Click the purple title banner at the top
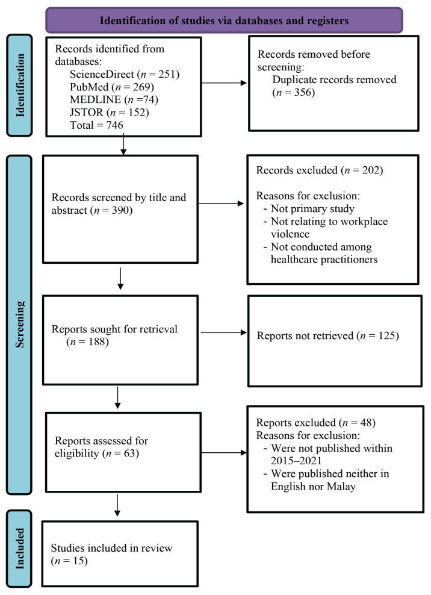pos(224,20)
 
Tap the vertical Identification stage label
pos(20,86)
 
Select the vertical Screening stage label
pos(20,325)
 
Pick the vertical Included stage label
pos(20,549)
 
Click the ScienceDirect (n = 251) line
pos(125,74)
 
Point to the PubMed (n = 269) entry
pos(112,87)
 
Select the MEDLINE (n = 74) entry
pos(114,99)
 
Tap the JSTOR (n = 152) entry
pos(110,113)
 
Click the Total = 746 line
pos(96,125)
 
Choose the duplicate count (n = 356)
pos(294,92)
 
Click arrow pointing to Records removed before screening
pos(224,83)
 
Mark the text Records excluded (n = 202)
pos(320,170)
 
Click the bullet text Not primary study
pos(312,208)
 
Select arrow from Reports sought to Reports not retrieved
pos(223,332)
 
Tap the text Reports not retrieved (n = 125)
pos(328,335)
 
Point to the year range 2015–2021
pos(296,461)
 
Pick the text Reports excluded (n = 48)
pos(315,423)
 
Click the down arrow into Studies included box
pos(117,505)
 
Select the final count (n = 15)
pos(69,561)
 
